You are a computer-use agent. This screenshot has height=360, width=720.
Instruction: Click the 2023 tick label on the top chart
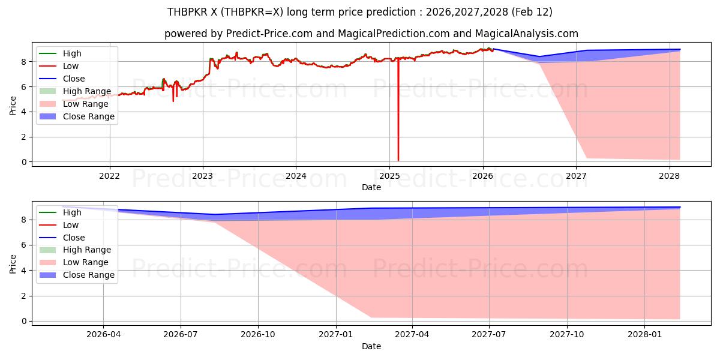[202, 176]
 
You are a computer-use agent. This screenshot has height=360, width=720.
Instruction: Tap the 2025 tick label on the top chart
[389, 176]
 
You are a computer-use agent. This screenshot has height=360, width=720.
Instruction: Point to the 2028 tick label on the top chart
[670, 176]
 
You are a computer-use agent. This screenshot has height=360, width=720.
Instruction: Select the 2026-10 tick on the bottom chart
[258, 335]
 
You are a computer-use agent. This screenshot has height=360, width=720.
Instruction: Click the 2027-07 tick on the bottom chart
[489, 335]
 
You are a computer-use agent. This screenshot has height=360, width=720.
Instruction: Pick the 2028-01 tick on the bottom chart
[644, 335]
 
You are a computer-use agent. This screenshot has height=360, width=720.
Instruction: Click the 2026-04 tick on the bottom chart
[104, 335]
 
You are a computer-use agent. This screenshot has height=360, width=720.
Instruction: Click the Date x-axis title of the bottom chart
[371, 346]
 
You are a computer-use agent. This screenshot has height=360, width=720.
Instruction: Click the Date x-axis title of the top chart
[371, 187]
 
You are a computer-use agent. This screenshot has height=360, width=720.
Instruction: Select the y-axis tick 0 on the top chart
[24, 162]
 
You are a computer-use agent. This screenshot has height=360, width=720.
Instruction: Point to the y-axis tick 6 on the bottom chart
[24, 245]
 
